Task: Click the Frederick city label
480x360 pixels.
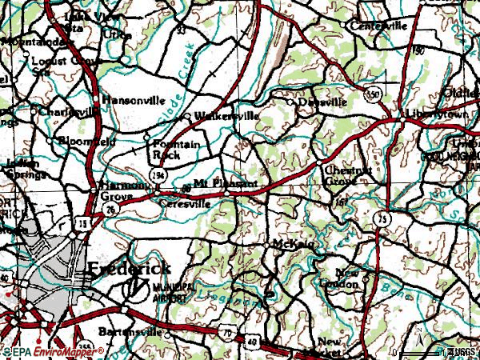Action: pyautogui.click(x=128, y=270)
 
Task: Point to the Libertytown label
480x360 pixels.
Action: pyautogui.click(x=435, y=114)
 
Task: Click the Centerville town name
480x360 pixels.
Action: pyautogui.click(x=378, y=26)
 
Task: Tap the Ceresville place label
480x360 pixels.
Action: pyautogui.click(x=184, y=203)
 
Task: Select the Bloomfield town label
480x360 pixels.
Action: pyautogui.click(x=90, y=142)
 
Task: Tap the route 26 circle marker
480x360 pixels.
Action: pyautogui.click(x=106, y=210)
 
